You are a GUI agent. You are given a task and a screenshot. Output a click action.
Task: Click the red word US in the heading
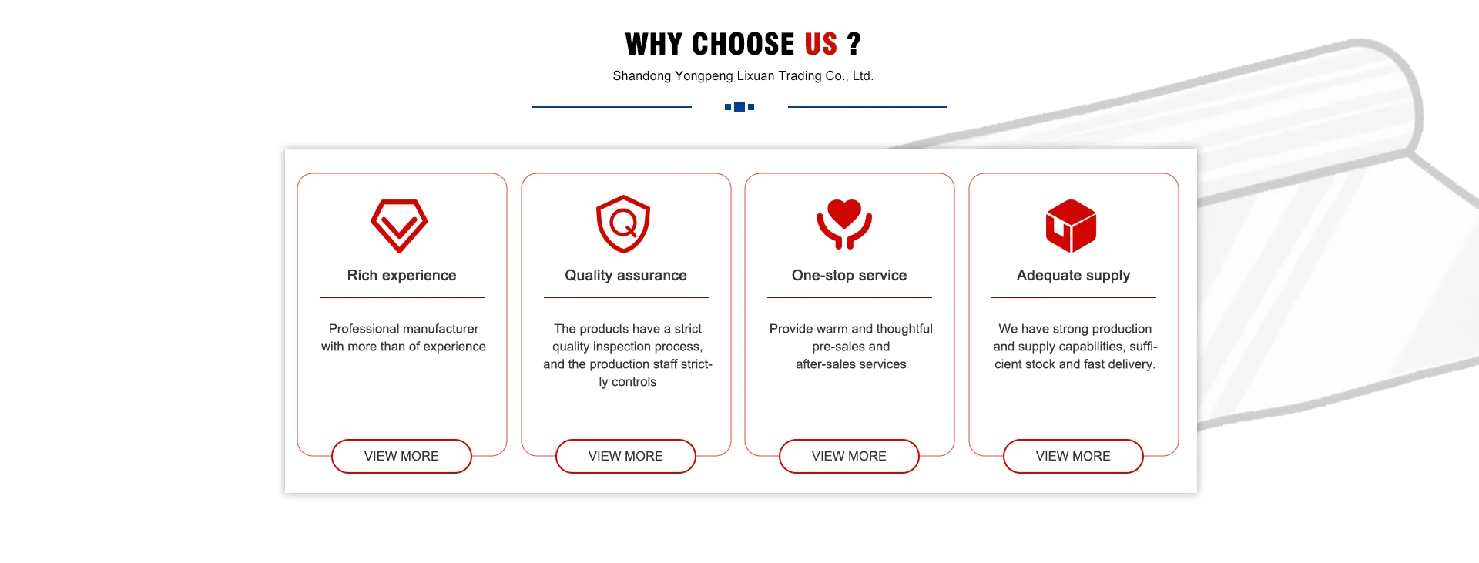point(821,44)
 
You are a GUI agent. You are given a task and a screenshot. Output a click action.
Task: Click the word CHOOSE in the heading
point(743,44)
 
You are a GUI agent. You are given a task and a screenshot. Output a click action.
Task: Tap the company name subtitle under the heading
point(743,76)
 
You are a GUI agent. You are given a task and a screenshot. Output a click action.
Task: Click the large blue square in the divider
point(739,107)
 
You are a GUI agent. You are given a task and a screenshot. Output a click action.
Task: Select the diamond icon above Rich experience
point(399,226)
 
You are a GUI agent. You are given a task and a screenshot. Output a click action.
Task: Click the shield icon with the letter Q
point(623,224)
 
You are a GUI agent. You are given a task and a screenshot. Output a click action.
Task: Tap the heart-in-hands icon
point(844,224)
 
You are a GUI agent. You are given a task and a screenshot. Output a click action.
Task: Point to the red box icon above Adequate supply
point(1071,226)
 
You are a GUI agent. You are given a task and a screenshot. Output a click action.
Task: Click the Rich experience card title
point(401,276)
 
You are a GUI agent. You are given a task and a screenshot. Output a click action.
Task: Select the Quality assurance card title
point(625,276)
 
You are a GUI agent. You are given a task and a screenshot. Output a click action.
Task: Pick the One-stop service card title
point(849,276)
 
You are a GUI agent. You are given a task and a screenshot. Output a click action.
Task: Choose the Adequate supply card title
point(1073,276)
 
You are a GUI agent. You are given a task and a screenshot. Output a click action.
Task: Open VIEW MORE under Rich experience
point(401,456)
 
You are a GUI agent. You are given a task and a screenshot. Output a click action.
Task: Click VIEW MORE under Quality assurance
point(625,456)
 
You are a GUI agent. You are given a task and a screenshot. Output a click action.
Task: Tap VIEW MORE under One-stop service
point(849,456)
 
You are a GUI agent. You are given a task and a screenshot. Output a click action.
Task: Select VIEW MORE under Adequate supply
point(1073,456)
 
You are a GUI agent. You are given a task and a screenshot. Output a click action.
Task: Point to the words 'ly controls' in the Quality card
point(628,382)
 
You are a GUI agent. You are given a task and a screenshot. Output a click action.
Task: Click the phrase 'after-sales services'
point(851,364)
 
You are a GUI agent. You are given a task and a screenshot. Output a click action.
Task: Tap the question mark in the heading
point(854,44)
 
